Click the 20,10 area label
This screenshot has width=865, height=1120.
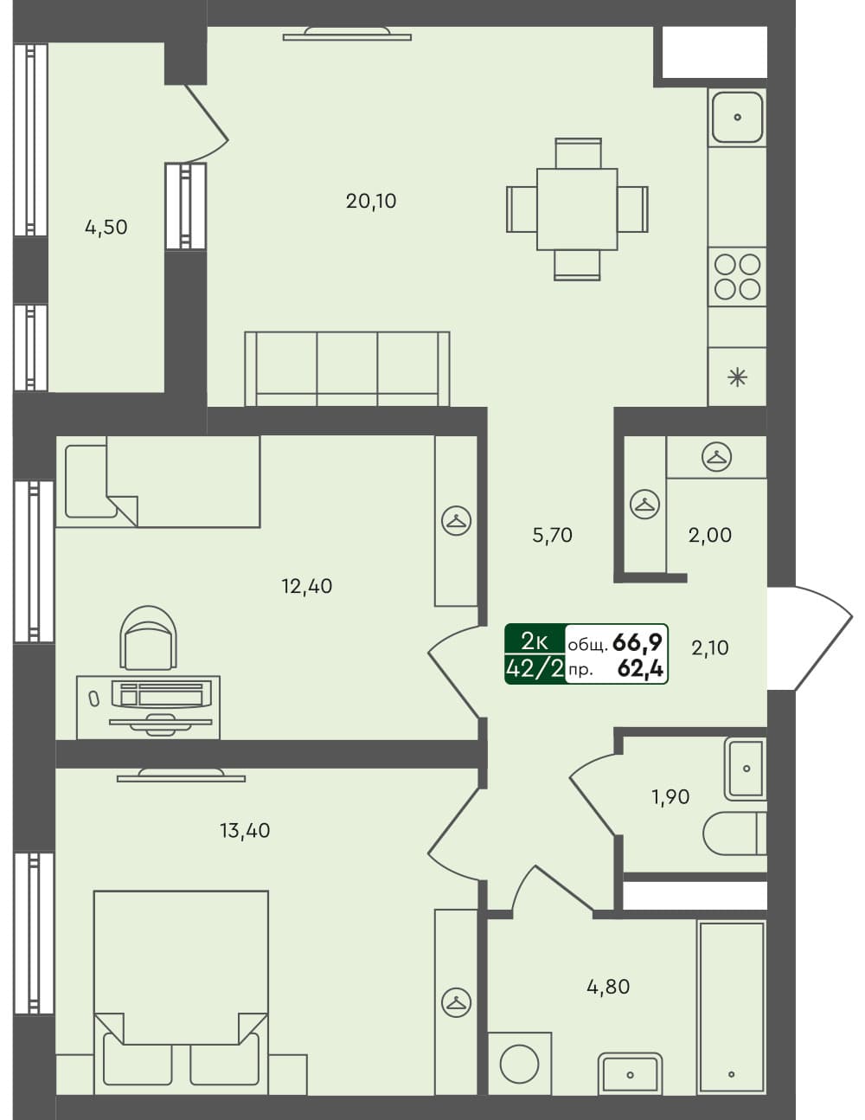[371, 201]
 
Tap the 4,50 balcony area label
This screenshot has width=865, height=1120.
[106, 227]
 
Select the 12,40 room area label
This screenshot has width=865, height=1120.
[306, 586]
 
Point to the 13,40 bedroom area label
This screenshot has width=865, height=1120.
[245, 831]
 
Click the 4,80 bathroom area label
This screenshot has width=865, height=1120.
[608, 986]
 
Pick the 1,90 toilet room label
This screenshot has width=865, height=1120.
[670, 796]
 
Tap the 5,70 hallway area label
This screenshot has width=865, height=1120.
[552, 535]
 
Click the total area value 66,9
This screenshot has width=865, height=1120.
[638, 641]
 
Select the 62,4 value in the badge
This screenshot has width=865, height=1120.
[640, 667]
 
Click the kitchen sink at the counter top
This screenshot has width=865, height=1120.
[737, 117]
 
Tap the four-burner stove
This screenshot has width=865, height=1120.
[737, 276]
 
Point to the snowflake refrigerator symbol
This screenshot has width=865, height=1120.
[737, 377]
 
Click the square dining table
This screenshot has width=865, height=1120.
[577, 209]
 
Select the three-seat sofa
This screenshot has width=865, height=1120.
[347, 369]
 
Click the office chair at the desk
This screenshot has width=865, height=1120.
[149, 639]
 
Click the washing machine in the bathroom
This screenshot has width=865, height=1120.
[520, 1063]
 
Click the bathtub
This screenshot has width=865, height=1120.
[732, 1007]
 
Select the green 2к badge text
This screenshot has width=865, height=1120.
[535, 641]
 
